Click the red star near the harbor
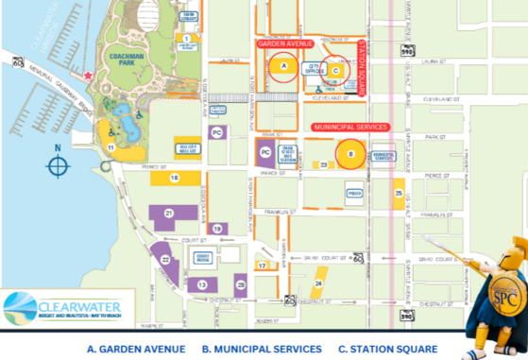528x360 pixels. [88, 76]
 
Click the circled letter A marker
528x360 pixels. [283, 67]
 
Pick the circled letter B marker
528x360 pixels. [350, 154]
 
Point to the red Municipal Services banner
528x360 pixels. [349, 125]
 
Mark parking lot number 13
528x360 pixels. [202, 283]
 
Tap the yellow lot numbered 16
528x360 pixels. [175, 178]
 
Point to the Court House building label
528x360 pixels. [201, 257]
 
